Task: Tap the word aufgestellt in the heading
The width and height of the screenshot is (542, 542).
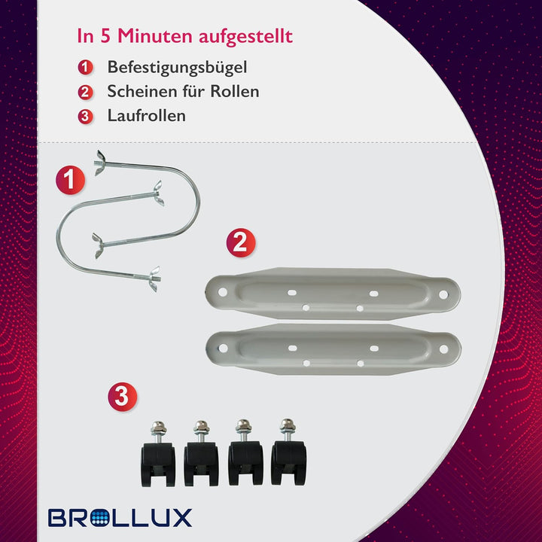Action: point(245,37)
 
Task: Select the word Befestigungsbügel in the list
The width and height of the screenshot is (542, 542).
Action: point(177,68)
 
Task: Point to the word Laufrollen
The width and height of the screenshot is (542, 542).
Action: point(147,115)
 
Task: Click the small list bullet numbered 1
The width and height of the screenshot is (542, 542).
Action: point(85,67)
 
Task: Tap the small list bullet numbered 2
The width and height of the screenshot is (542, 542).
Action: point(85,93)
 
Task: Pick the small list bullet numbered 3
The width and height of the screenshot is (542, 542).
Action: point(85,117)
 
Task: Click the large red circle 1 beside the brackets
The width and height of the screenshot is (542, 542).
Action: point(70,180)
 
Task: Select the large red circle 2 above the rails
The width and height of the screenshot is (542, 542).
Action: point(241,242)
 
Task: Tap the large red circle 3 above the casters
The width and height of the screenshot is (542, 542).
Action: point(123,397)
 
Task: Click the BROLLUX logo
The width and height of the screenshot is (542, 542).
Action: point(120,517)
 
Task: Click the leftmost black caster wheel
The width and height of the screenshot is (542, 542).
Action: point(158,453)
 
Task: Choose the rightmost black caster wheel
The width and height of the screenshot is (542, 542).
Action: point(288,452)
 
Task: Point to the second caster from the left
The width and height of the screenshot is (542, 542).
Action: point(201,453)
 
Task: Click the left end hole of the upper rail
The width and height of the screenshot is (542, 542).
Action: point(223,292)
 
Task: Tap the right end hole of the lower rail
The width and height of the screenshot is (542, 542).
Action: point(444,349)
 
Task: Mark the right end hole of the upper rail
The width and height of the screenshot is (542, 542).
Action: point(443,294)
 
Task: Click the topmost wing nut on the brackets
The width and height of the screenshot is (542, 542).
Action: point(100,163)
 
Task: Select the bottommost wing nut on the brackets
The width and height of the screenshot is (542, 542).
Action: point(154,279)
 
